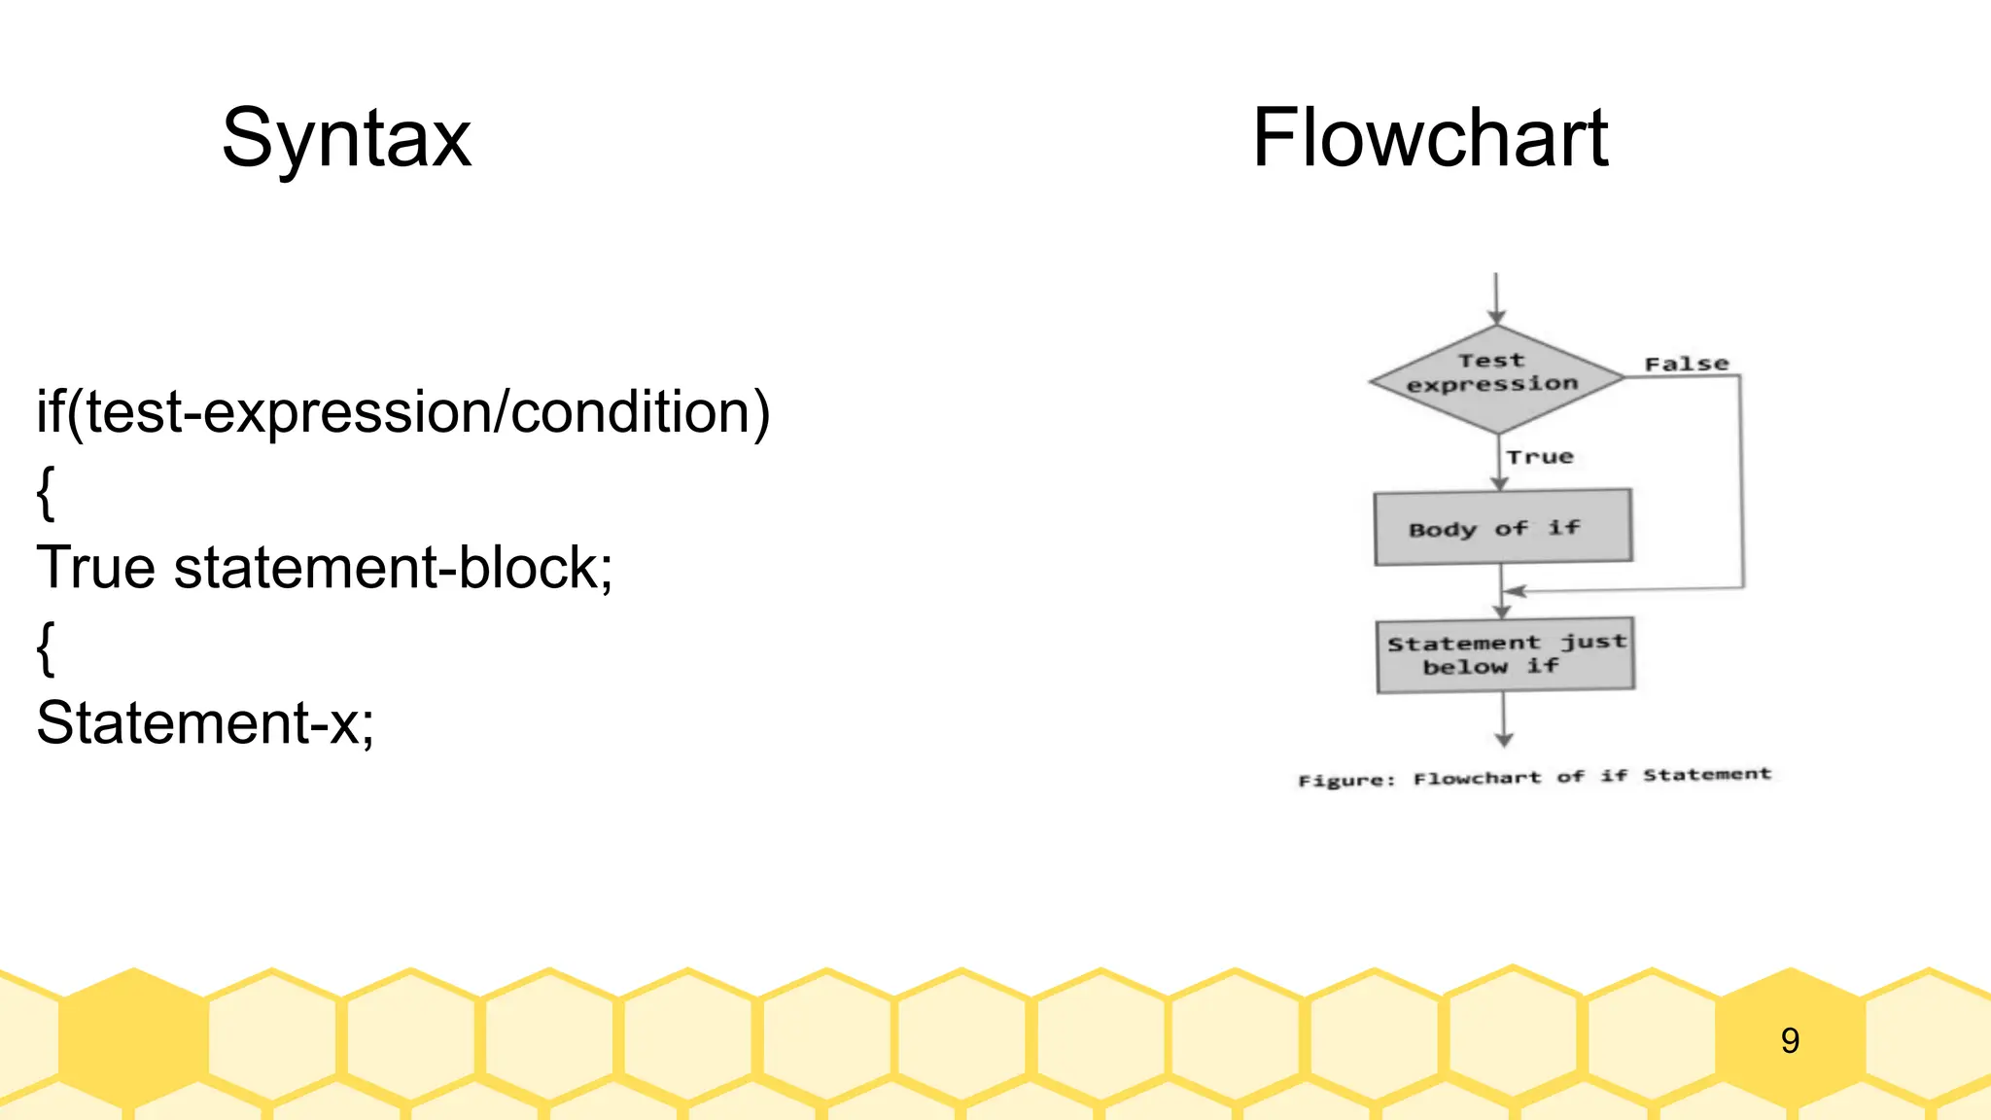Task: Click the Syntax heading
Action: click(x=346, y=139)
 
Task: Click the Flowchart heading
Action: click(x=1429, y=139)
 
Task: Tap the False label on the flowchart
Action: click(x=1686, y=364)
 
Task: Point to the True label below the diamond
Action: click(x=1539, y=457)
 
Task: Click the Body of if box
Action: click(x=1502, y=527)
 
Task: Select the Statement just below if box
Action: click(x=1505, y=654)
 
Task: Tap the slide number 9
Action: click(x=1790, y=1041)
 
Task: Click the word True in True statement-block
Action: click(x=95, y=567)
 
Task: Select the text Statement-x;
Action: click(x=205, y=722)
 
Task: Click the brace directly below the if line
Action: click(x=45, y=493)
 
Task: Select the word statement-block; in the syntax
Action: click(x=393, y=567)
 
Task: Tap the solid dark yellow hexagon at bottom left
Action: click(x=133, y=1036)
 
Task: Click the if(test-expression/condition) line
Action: click(x=402, y=412)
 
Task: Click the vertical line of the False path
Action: click(x=1741, y=482)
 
